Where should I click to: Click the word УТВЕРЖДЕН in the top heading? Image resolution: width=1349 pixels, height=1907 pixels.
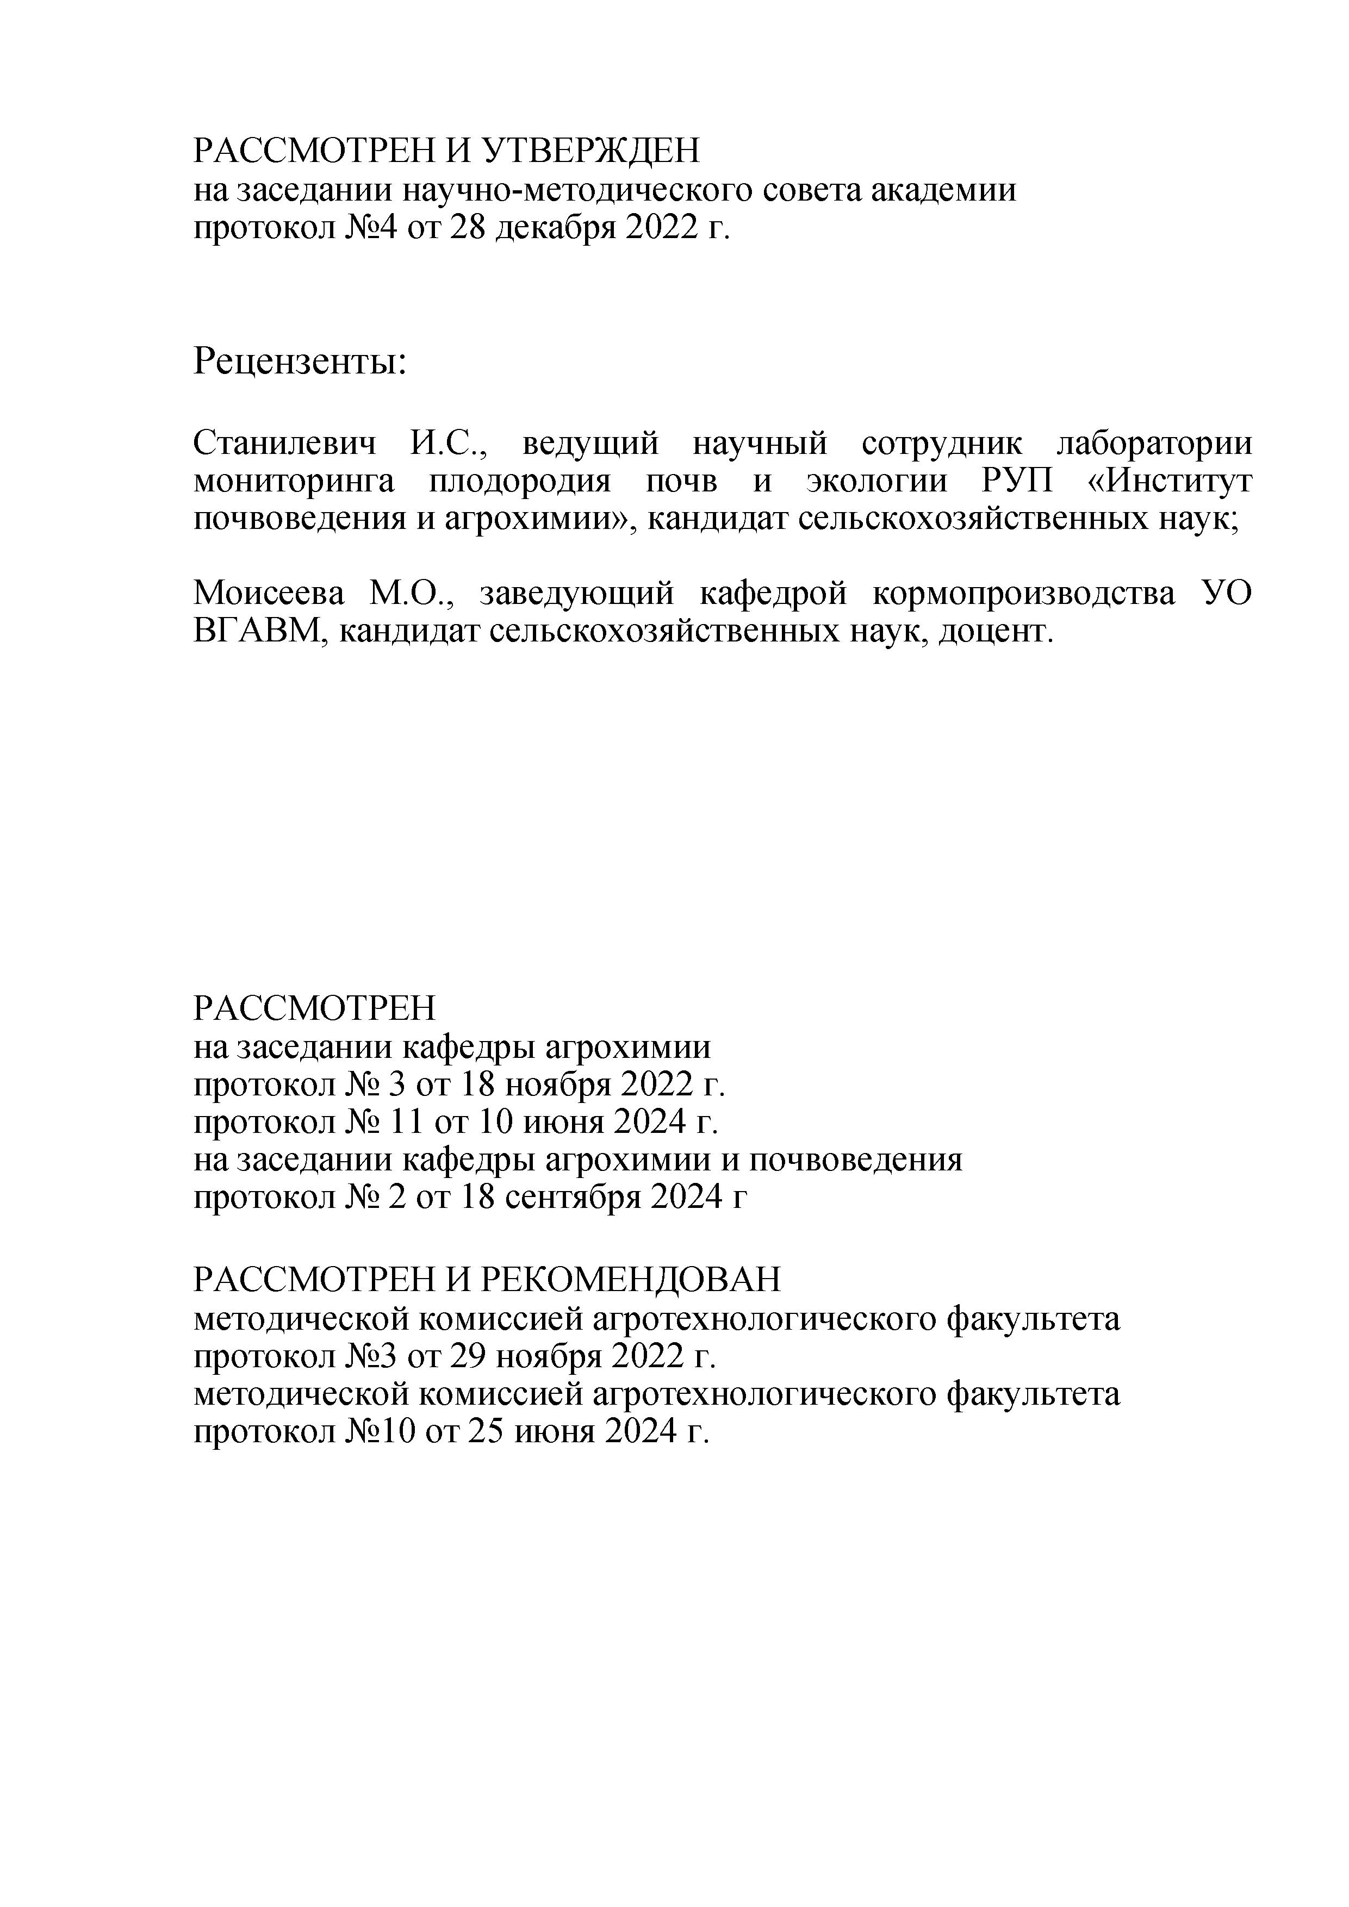590,151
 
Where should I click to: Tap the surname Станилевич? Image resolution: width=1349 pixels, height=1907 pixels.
284,444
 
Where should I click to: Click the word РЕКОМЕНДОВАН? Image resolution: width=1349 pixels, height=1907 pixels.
631,1280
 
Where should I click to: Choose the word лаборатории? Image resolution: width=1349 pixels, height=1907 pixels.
1154,444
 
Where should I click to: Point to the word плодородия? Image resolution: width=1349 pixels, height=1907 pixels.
520,482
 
